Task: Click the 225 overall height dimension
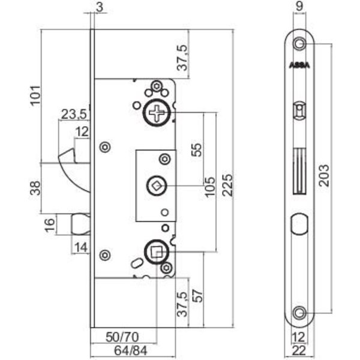pos(227,185)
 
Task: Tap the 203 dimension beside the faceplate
pos(324,175)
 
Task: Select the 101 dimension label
pos(35,95)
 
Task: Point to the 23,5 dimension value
pos(74,115)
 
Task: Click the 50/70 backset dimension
pos(122,337)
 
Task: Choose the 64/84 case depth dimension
pos(130,350)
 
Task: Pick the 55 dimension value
pos(197,149)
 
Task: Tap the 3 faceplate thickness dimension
pos(100,7)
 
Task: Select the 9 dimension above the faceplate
pos(299,6)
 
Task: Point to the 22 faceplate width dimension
pos(299,351)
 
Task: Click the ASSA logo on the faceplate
pos(299,65)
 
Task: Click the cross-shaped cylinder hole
pos(157,113)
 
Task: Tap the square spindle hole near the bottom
pos(157,251)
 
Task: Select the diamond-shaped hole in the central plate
pos(157,186)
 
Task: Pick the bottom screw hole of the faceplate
pos(299,313)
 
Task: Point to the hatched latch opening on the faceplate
pos(299,171)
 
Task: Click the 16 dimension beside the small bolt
pos(50,224)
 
